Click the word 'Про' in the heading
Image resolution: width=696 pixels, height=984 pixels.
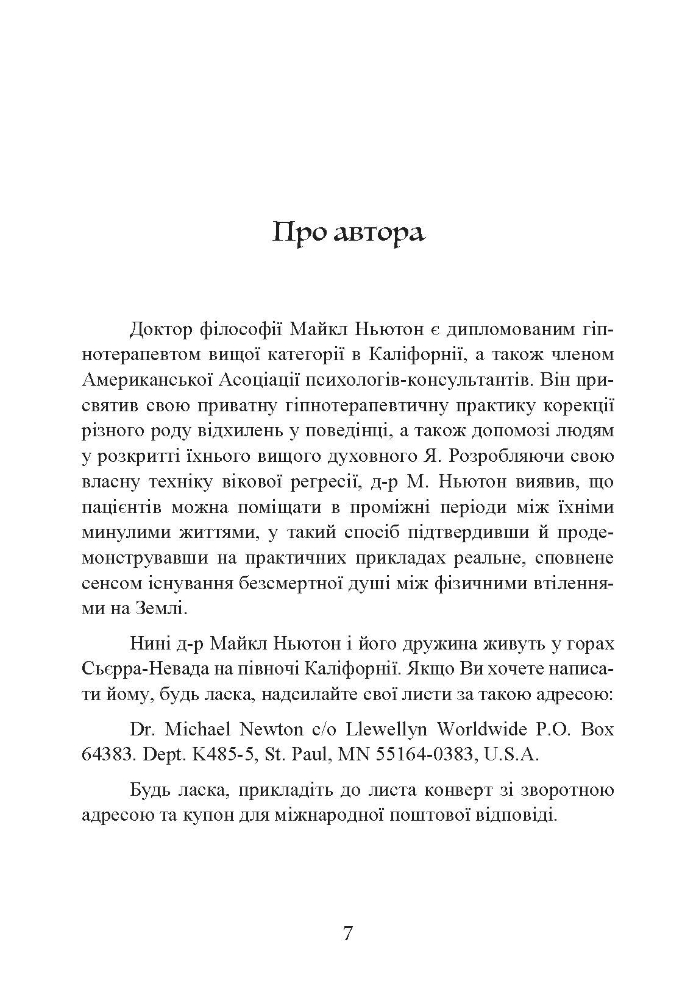[x=297, y=233]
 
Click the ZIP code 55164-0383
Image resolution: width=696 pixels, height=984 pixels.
[x=424, y=754]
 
